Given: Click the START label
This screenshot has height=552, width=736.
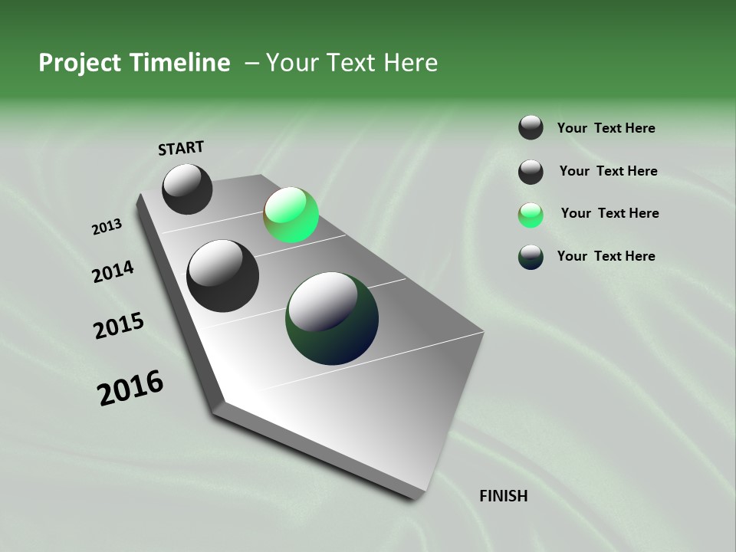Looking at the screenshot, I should pos(181,148).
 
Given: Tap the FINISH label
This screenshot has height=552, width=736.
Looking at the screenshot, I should pos(504,496).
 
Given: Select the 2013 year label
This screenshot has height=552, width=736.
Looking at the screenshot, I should pos(107,227).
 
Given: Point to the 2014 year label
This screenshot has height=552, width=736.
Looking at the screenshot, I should pos(113,272).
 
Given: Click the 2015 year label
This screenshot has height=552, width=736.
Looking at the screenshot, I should pos(119,326).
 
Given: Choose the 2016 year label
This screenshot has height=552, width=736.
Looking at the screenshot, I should pos(130,388).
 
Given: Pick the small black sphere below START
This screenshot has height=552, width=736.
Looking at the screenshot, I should pos(187,189).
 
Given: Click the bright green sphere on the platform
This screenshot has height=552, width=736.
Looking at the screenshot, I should pos(291,215).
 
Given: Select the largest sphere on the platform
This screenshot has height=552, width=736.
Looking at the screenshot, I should pos(332,318).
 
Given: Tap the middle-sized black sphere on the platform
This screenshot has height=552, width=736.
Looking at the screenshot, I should pos(222,276).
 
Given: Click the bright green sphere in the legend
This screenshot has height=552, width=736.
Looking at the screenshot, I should pos(531,215).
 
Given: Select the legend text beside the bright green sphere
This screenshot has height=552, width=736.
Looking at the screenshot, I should pos(609,213).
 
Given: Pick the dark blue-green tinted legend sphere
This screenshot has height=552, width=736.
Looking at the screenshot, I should pos(531,257).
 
